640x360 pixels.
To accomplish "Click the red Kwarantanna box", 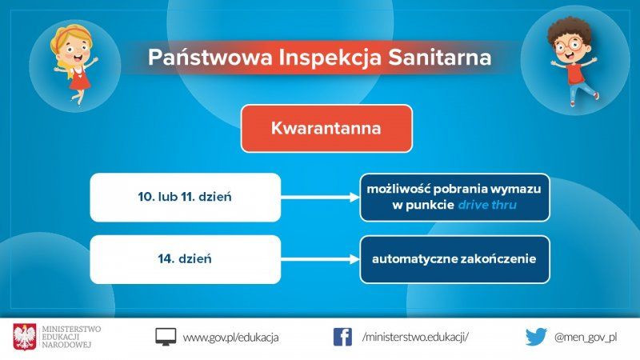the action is pyautogui.click(x=326, y=129).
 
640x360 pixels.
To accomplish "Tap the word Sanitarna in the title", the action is pyautogui.click(x=439, y=57).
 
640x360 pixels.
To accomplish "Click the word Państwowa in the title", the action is pyautogui.click(x=210, y=57).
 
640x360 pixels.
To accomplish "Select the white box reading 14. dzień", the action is pyautogui.click(x=186, y=259).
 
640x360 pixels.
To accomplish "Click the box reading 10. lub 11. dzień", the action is pyautogui.click(x=186, y=197).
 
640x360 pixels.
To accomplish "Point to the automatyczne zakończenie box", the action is pyautogui.click(x=454, y=259).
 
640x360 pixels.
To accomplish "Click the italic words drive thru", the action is pyautogui.click(x=487, y=205).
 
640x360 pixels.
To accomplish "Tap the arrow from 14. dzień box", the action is pyautogui.click(x=321, y=259).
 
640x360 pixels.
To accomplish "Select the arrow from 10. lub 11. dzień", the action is pyautogui.click(x=321, y=198).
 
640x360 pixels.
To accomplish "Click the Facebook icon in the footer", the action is pyautogui.click(x=342, y=337).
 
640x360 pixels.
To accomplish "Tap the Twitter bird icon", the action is pyautogui.click(x=536, y=337).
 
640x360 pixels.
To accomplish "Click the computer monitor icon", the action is pyautogui.click(x=166, y=337).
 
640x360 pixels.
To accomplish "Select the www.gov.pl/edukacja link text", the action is pyautogui.click(x=230, y=338).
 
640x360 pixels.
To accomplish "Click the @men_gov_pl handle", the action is pyautogui.click(x=586, y=337).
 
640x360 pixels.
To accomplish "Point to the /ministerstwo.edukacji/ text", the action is pyautogui.click(x=415, y=337).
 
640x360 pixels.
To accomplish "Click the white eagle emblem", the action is pyautogui.click(x=25, y=337).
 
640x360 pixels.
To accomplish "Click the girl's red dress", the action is pyautogui.click(x=79, y=78).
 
